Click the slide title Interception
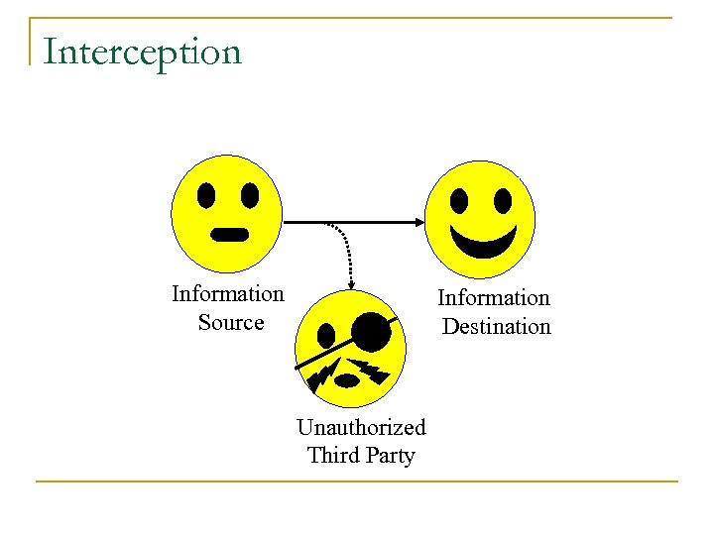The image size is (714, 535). point(143,52)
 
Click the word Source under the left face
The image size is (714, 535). point(231,323)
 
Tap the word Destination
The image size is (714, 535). point(496,327)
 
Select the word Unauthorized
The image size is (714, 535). point(361,427)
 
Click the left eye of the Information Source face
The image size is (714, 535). point(206,195)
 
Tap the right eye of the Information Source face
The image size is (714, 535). point(250,195)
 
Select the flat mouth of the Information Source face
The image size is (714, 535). point(230,235)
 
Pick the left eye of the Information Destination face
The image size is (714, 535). point(459,201)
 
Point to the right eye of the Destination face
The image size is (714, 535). point(503,201)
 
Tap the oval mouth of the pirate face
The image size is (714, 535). point(348,379)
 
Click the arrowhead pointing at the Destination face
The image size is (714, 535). point(417,222)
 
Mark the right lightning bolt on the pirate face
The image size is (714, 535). point(374,371)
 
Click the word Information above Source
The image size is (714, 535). point(228,294)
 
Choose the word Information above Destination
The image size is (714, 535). point(494,298)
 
